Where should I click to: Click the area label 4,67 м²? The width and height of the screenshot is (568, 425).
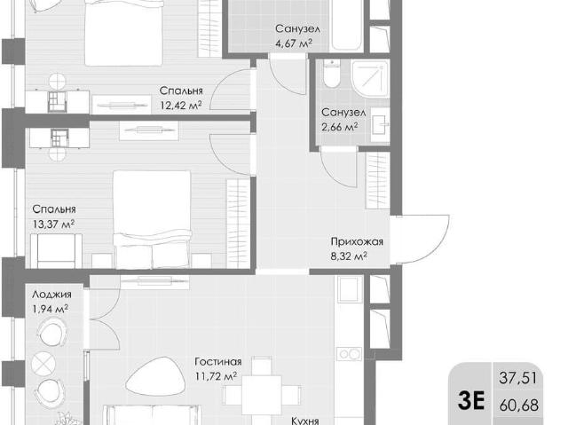click(x=294, y=43)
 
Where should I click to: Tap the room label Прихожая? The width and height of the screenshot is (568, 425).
click(x=357, y=241)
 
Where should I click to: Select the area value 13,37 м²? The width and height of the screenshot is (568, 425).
click(x=53, y=224)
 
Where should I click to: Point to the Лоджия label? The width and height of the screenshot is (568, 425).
click(x=51, y=295)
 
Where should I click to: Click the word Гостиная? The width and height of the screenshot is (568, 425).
click(x=218, y=362)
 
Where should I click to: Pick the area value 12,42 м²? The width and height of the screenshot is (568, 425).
click(x=181, y=106)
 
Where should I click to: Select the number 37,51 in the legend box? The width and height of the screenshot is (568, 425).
click(x=518, y=378)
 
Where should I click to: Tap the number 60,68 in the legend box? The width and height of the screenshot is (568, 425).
click(x=518, y=405)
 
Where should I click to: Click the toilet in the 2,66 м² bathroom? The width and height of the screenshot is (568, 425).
click(x=332, y=74)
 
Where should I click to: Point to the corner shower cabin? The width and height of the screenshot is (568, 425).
click(x=370, y=79)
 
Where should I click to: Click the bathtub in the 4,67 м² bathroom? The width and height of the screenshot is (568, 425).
click(x=347, y=26)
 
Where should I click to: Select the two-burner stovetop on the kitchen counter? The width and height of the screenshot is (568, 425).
click(x=350, y=354)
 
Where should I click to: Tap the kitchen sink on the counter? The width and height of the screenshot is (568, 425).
click(x=350, y=289)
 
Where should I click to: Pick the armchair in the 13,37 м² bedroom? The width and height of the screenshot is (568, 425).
click(x=56, y=251)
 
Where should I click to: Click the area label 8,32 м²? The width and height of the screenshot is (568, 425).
click(x=349, y=256)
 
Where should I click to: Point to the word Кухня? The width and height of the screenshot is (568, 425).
click(x=305, y=421)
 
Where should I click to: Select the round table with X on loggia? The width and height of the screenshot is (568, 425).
click(x=43, y=364)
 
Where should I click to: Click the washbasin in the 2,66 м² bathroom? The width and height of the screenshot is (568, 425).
click(x=379, y=125)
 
